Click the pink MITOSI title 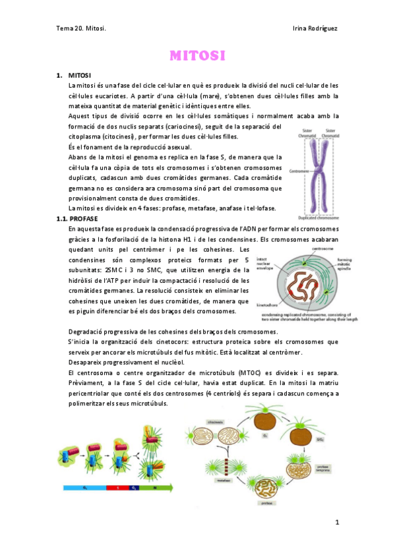(x=197, y=55)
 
